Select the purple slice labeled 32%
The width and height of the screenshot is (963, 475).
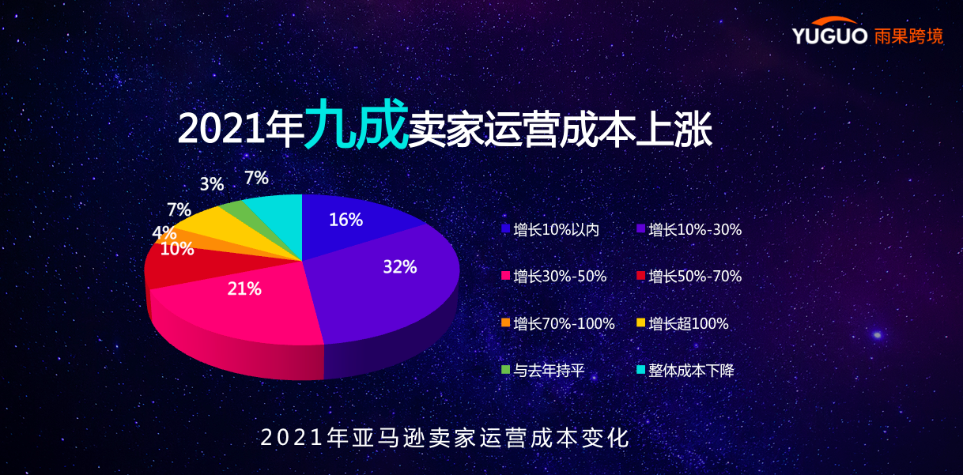coord(387,277)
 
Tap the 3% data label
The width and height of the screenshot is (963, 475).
coord(212,184)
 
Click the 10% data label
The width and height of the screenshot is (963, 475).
coord(176,249)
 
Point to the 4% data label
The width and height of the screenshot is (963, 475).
coord(164,233)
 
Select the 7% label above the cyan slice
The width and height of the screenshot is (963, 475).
coord(256,178)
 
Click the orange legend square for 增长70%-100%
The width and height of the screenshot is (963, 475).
coord(505,322)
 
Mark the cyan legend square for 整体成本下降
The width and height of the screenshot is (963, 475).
coord(640,369)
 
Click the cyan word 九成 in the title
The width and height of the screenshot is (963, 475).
coord(356,125)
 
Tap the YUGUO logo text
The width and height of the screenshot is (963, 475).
coord(829,36)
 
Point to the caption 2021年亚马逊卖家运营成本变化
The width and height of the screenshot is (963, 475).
coord(445,438)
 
